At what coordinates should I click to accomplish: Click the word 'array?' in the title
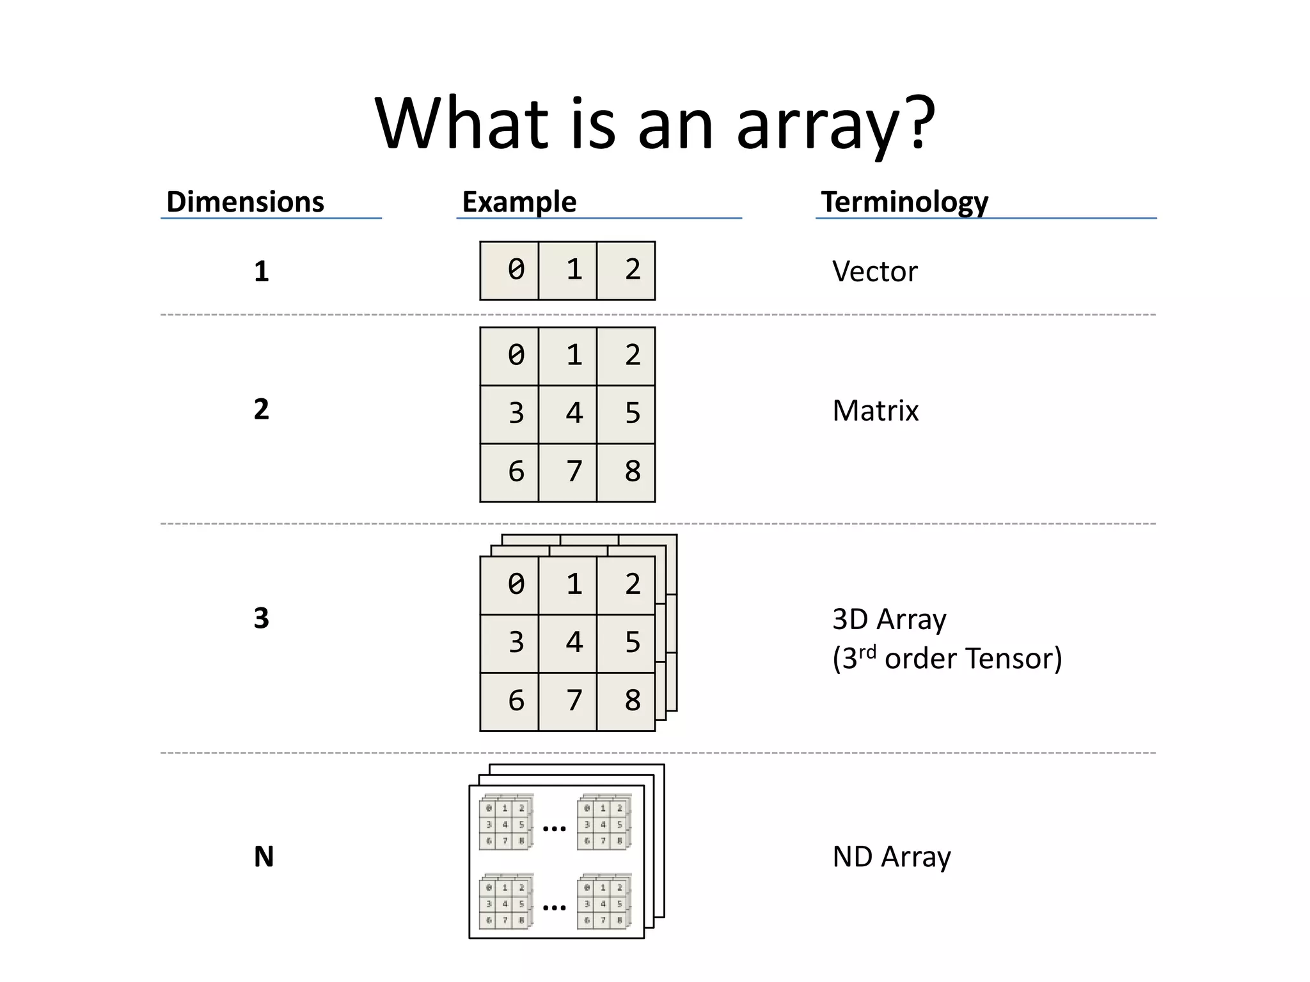pyautogui.click(x=835, y=125)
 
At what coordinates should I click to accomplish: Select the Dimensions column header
pyautogui.click(x=245, y=202)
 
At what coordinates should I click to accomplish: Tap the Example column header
pyautogui.click(x=519, y=202)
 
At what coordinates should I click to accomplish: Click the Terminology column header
pyautogui.click(x=904, y=202)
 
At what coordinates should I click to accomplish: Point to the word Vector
pyautogui.click(x=874, y=272)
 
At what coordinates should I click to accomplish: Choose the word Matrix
pyautogui.click(x=875, y=410)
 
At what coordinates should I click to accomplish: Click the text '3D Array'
pyautogui.click(x=888, y=620)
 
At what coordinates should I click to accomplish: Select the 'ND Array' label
pyautogui.click(x=891, y=857)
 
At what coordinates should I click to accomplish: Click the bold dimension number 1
pyautogui.click(x=261, y=272)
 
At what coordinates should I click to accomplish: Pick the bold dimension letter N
pyautogui.click(x=264, y=857)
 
